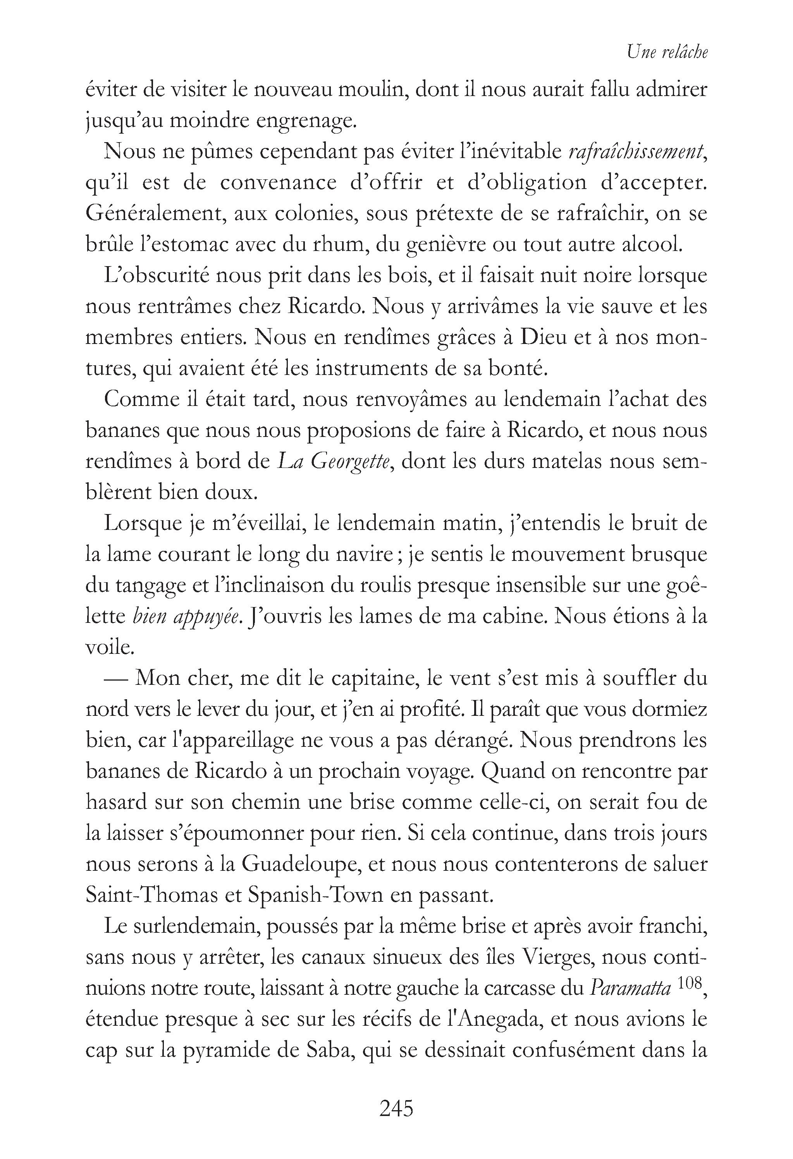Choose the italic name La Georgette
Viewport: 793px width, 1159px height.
coord(333,462)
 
